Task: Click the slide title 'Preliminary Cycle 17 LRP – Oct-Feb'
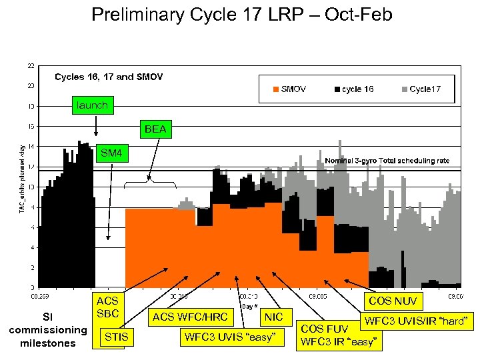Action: coord(241,14)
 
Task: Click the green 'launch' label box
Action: coord(91,105)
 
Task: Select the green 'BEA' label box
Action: coord(155,129)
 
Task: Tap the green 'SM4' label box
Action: coord(111,153)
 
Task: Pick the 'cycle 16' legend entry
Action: coord(353,89)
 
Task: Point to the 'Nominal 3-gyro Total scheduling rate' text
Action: coord(387,161)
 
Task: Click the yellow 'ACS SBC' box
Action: coord(107,307)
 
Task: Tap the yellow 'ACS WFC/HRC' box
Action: coord(190,317)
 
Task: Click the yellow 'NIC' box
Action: coord(273,317)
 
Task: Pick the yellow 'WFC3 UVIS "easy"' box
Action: coord(229,337)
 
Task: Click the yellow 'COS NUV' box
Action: coord(393,301)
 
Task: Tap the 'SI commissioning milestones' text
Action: coord(47,330)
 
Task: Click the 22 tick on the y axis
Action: coord(31,65)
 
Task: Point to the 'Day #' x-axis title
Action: coord(249,306)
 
